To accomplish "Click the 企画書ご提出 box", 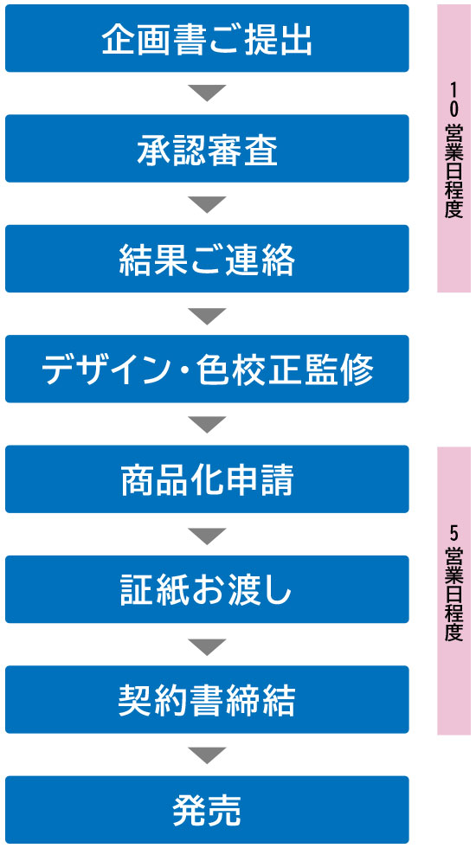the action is pos(207,38).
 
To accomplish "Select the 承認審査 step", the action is pos(207,148).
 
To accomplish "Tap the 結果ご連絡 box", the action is pos(207,259).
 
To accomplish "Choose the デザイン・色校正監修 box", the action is pos(207,369).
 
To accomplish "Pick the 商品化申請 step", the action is pos(207,479).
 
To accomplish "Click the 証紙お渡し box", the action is pos(207,589).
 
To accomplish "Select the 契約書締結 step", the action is pos(207,700).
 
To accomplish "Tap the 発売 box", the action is pos(207,810).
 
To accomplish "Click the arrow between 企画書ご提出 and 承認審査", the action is pos(207,93).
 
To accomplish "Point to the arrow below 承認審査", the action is pos(207,203).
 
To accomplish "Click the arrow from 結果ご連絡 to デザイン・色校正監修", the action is pos(207,314).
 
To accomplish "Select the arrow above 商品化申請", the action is pos(207,424).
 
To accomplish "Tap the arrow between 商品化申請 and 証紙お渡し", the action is pos(207,535).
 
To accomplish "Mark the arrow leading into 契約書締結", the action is pos(207,645).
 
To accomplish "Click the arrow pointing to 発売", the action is pos(207,755).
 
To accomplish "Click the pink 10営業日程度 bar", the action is pos(453,149).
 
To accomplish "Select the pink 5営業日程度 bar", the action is pos(453,590).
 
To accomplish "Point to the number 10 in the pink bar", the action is pos(453,99).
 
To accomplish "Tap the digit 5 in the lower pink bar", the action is pos(453,535).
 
